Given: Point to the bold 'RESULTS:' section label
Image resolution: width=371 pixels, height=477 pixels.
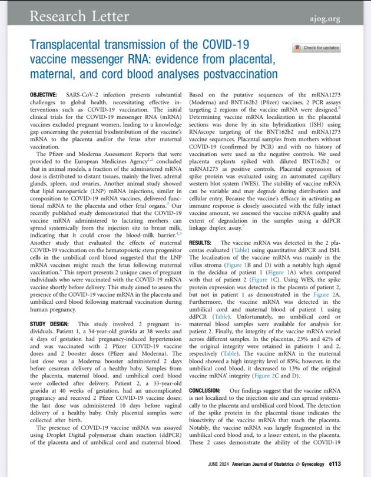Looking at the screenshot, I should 201,243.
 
